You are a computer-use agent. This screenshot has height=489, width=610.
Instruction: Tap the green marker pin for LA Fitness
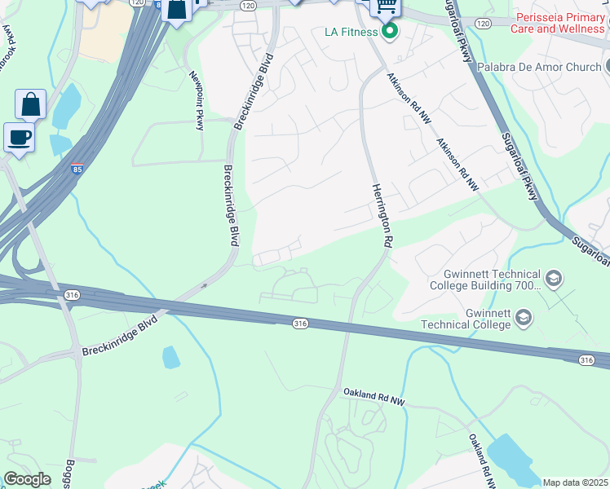click(390, 32)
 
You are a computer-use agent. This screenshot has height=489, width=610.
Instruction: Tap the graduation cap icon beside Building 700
click(554, 280)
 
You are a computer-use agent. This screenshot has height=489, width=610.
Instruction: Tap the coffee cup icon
click(19, 137)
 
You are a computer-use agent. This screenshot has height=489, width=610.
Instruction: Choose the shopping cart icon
click(386, 7)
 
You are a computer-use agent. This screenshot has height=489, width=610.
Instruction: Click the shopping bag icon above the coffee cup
click(30, 104)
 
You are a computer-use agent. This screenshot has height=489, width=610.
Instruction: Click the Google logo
click(27, 479)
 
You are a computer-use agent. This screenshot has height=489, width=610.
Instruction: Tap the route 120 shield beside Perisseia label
click(483, 23)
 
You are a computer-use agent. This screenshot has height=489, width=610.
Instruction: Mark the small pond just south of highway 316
click(170, 357)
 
